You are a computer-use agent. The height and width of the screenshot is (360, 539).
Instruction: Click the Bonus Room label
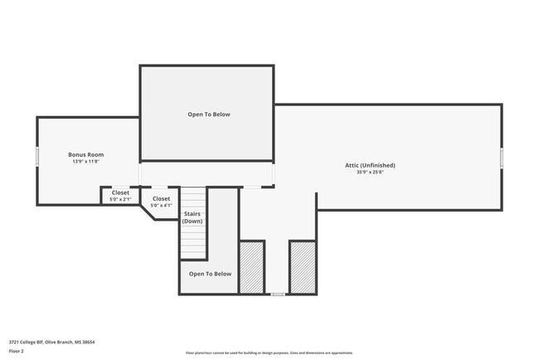pyautogui.click(x=85, y=155)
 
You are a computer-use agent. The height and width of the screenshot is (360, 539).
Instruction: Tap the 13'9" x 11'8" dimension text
pyautogui.click(x=85, y=162)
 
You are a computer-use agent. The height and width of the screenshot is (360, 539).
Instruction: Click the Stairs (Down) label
pyautogui.click(x=192, y=218)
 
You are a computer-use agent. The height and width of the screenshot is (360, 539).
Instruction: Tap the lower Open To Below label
pyautogui.click(x=211, y=274)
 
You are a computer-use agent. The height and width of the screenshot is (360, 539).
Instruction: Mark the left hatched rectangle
pyautogui.click(x=251, y=267)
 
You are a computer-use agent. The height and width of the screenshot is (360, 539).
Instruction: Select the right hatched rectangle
pyautogui.click(x=302, y=267)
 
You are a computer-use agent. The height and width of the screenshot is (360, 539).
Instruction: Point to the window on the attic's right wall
pyautogui.click(x=502, y=158)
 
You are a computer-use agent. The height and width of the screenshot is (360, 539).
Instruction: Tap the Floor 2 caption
pyautogui.click(x=17, y=351)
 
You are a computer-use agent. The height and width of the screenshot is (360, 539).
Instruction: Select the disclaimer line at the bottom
pyautogui.click(x=269, y=353)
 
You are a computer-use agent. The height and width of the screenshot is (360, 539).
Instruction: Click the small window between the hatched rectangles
pyautogui.click(x=277, y=294)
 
